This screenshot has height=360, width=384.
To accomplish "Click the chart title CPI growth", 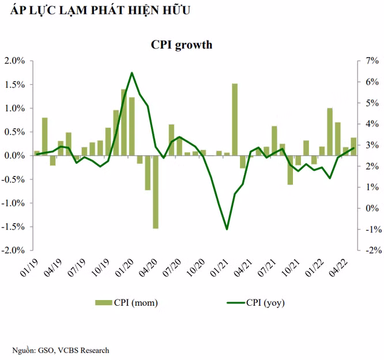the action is pyautogui.click(x=182, y=45).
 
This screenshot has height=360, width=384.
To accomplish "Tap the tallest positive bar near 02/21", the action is pyautogui.click(x=235, y=119).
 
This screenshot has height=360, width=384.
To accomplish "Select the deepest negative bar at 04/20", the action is pyautogui.click(x=156, y=192).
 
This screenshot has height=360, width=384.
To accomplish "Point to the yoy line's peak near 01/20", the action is pyautogui.click(x=132, y=73).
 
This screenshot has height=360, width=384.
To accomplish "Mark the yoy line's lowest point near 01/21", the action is pyautogui.click(x=227, y=229).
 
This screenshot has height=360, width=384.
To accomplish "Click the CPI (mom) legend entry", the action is pyautogui.click(x=126, y=303).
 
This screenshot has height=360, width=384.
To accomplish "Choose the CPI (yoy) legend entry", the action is pyautogui.click(x=255, y=303).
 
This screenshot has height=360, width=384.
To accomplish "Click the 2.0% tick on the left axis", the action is pyautogui.click(x=14, y=61).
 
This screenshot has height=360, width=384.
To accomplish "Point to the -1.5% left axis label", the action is pyautogui.click(x=13, y=227).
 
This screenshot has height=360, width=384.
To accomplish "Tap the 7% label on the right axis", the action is pyautogui.click(x=372, y=61).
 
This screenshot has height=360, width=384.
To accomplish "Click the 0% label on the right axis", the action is pyautogui.click(x=372, y=208).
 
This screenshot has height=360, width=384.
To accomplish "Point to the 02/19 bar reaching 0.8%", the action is pyautogui.click(x=44, y=137).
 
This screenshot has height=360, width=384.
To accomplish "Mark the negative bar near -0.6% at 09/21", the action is pyautogui.click(x=290, y=170).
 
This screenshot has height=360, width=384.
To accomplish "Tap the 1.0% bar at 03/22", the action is pyautogui.click(x=330, y=132).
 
